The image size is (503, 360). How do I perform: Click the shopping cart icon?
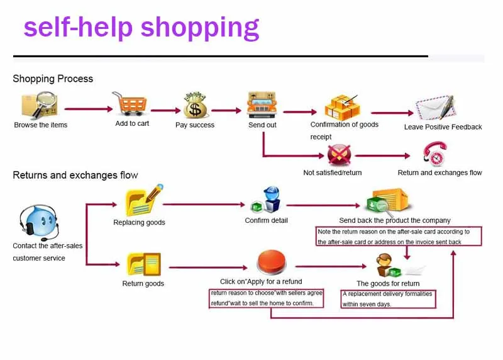[130, 104]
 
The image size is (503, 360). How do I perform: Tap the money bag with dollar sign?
[196, 105]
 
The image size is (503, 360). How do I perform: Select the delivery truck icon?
[262, 104]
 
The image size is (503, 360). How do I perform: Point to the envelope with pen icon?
[436, 108]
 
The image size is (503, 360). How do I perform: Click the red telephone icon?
[435, 154]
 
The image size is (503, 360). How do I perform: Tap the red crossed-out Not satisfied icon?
[339, 155]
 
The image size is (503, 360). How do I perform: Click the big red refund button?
[272, 262]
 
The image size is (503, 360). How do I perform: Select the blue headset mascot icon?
[39, 222]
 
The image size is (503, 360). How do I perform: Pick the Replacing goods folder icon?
[144, 200]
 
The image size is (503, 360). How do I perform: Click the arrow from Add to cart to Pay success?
[166, 111]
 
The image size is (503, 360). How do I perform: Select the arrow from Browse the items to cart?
[89, 109]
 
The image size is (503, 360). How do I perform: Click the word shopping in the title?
[200, 28]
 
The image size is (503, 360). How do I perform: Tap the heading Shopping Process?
[53, 79]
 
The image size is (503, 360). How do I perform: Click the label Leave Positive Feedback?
[443, 127]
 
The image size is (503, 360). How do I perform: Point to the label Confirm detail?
[266, 220]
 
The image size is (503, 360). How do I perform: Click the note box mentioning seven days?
[388, 299]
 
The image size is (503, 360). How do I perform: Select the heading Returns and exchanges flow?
[75, 175]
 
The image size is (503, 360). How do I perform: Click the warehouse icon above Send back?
[389, 201]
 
